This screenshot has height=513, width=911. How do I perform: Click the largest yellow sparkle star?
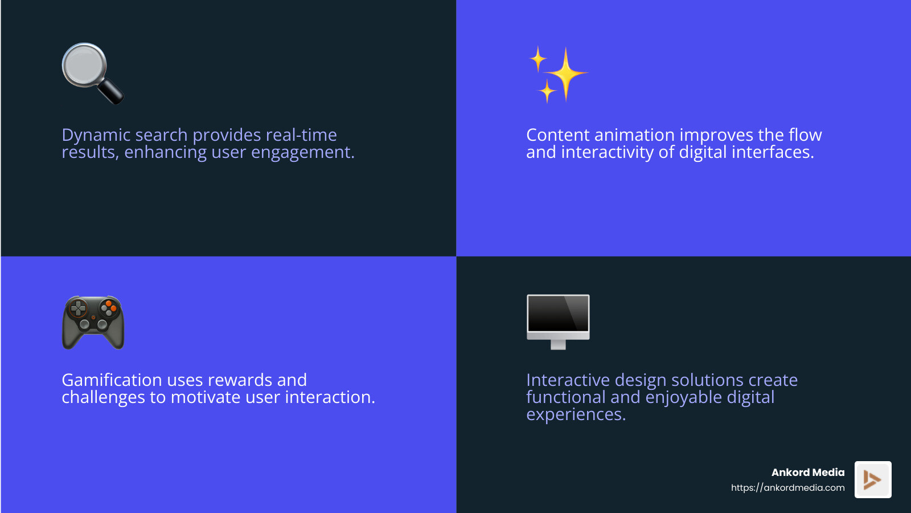point(565,74)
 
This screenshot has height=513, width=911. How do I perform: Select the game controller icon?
point(93,322)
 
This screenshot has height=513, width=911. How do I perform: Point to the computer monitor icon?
point(558,316)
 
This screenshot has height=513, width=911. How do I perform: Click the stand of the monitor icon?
point(558,344)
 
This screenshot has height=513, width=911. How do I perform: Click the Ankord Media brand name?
point(807,473)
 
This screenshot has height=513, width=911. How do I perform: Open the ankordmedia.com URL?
point(787,488)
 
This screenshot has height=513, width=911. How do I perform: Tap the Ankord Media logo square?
point(872,479)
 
